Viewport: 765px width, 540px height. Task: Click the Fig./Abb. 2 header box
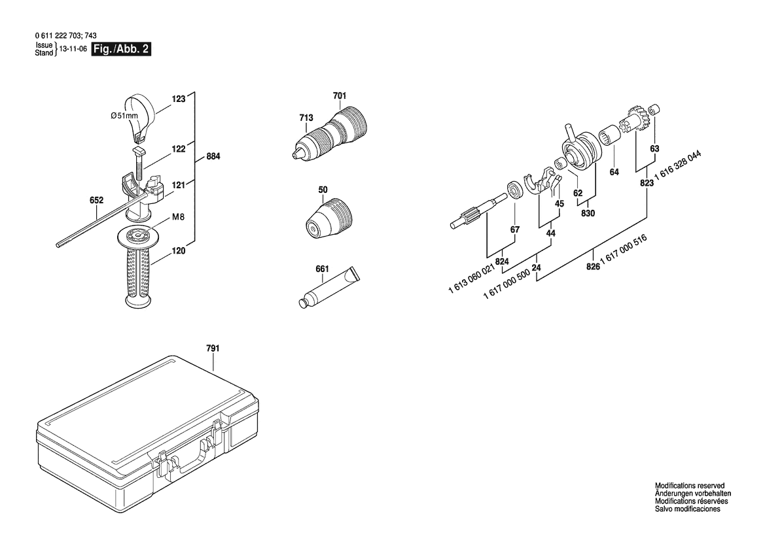coord(122,49)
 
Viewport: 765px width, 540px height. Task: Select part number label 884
coord(213,156)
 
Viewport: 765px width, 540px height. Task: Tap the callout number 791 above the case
coord(213,348)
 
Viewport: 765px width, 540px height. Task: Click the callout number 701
coord(340,96)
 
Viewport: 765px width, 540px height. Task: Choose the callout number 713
coord(306,118)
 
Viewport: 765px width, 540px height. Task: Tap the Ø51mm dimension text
coord(124,116)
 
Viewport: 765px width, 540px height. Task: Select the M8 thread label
coord(179,217)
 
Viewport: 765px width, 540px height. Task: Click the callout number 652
coord(97,200)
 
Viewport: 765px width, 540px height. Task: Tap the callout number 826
coord(593,267)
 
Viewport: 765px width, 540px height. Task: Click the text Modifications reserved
coord(689,486)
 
